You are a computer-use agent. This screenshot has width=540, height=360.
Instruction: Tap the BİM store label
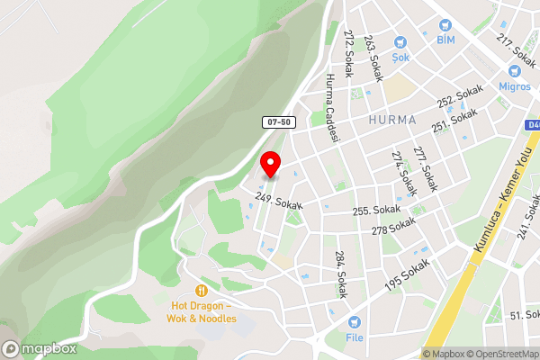click(x=445, y=40)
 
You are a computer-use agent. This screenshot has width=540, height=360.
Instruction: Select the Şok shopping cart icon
click(x=401, y=42)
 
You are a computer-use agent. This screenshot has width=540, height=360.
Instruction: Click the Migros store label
click(x=515, y=85)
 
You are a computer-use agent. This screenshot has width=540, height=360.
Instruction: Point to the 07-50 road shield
click(x=279, y=121)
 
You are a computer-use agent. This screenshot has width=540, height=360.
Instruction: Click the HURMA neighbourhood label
click(x=392, y=120)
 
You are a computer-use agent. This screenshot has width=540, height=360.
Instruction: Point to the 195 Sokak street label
click(x=406, y=274)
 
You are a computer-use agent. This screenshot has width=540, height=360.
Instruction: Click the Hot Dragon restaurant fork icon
click(x=202, y=291)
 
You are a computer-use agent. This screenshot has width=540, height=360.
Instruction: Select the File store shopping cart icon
click(x=355, y=322)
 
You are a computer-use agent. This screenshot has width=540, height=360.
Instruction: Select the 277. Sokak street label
click(x=425, y=168)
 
